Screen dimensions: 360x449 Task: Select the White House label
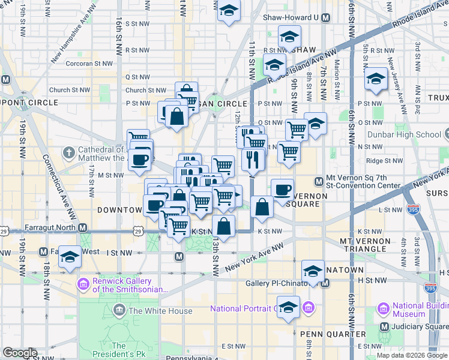pyautogui.click(x=160, y=311)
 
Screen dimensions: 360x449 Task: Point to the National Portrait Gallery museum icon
pyautogui.click(x=309, y=308)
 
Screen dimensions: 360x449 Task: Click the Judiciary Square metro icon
pyautogui.click(x=384, y=327)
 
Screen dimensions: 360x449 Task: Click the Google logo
pyautogui.click(x=20, y=353)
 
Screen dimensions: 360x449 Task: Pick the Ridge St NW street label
pyautogui.click(x=384, y=161)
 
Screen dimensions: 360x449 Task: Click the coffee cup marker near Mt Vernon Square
pyautogui.click(x=282, y=190)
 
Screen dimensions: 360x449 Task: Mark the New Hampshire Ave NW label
pyautogui.click(x=74, y=43)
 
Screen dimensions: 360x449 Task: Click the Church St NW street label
pyautogui.click(x=70, y=90)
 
